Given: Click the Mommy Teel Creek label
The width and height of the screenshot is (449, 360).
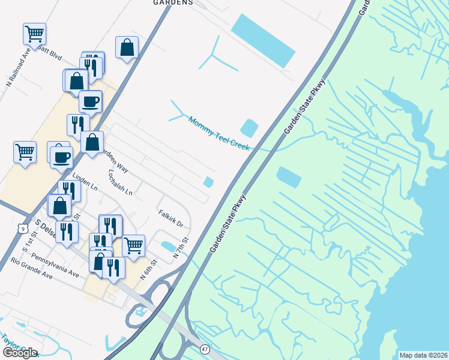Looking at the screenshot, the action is point(218,134).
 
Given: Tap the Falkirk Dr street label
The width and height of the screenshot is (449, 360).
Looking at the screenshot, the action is point(175,220).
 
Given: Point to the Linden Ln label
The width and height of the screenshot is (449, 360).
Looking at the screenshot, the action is point(85,182).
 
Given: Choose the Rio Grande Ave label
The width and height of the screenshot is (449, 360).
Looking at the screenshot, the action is point(32,269).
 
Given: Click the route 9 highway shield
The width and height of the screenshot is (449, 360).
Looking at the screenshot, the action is point(22,229).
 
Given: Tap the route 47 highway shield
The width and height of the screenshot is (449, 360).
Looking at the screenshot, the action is point(205,349).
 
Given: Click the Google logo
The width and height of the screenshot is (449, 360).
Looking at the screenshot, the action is point(19,352).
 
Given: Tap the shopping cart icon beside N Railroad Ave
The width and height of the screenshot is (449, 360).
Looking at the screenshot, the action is point(35,34).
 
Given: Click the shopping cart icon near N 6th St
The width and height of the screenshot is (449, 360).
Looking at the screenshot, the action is point(134,245).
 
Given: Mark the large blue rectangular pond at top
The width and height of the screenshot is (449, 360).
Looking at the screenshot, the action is point(263,40).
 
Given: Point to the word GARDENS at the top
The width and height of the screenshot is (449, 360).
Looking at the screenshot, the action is point(173,2).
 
